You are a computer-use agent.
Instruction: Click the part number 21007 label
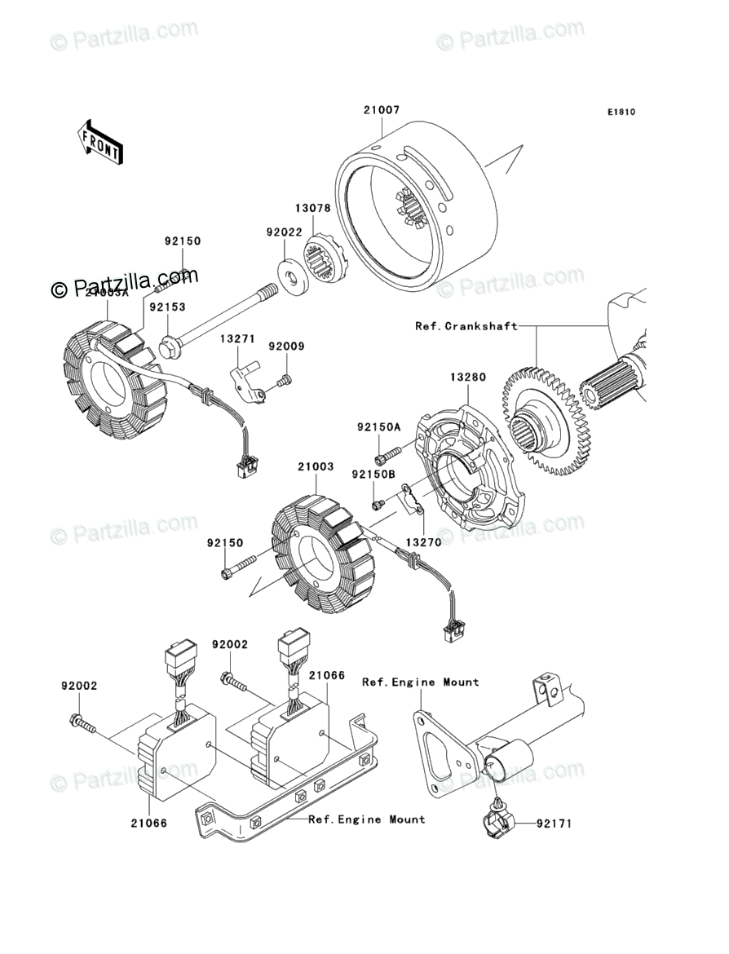point(381,110)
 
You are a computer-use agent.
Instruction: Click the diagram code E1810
point(620,113)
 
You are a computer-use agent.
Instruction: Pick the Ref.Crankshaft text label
point(466,326)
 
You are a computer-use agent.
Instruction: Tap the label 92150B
point(373,474)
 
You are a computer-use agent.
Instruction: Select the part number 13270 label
point(419,541)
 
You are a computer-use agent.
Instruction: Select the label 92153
point(166,307)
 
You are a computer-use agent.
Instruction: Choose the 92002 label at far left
point(78,687)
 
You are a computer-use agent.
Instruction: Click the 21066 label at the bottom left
point(149,824)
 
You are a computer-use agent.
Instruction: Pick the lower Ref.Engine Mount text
point(366,819)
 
